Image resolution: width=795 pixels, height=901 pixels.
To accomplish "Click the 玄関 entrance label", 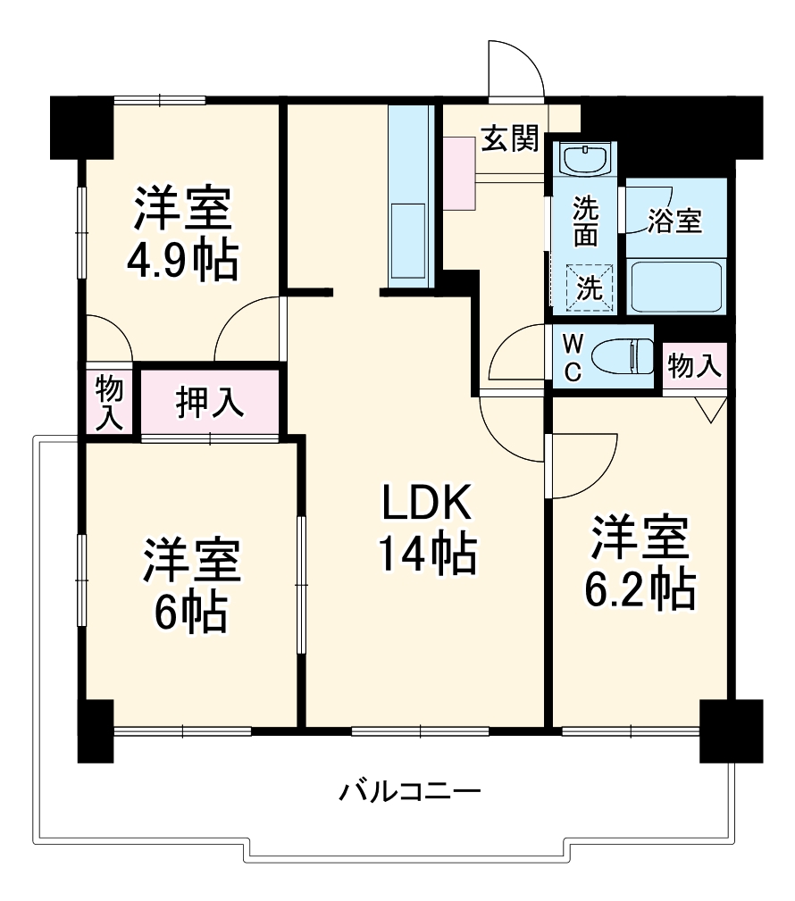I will coord(510,138).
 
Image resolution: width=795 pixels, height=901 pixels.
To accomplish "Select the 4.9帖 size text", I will coord(182,261).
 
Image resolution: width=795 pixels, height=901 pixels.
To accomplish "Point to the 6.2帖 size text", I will coord(640,588).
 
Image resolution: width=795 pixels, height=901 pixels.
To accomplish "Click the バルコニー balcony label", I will coord(411,791).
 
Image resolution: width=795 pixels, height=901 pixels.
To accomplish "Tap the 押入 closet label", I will coord(209,402).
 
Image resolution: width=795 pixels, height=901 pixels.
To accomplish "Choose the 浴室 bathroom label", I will coord(675,221).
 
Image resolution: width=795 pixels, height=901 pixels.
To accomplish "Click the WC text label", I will coord(572,357).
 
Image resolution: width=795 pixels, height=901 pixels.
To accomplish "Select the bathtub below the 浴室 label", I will coord(675,286).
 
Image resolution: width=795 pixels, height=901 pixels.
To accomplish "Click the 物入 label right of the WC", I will coord(694,365).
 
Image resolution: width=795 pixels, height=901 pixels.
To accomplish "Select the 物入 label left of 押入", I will coord(109,403).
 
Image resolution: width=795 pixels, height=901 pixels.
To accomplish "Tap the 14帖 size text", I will coord(426,554).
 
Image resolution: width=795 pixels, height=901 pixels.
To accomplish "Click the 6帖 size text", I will coord(189,612).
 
